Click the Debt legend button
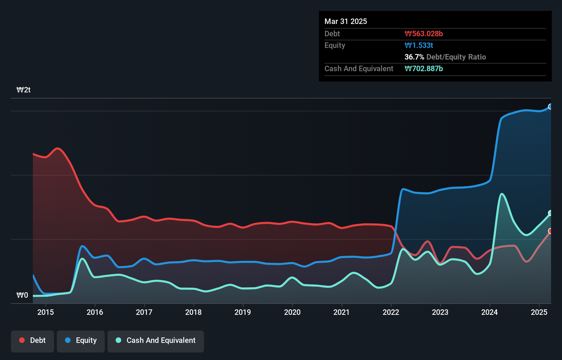pos(33,340)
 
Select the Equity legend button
pos(81,340)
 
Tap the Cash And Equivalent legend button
pos(156,340)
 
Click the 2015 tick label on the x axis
pos(46,312)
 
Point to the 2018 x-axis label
pos(193,312)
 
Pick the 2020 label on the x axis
pos(292,312)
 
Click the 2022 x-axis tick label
pos(391,312)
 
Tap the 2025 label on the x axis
pos(539,312)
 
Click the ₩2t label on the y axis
pos(24,90)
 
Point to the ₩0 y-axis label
pos(22,295)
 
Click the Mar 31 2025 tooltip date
pos(346,22)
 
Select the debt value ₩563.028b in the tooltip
pos(424,34)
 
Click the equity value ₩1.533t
pos(419,46)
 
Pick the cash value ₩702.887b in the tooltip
pos(424,69)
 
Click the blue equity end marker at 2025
pos(550,107)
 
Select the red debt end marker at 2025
pos(550,231)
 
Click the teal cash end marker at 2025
pos(550,213)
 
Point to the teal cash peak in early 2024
pos(502,194)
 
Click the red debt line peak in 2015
pos(58,148)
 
